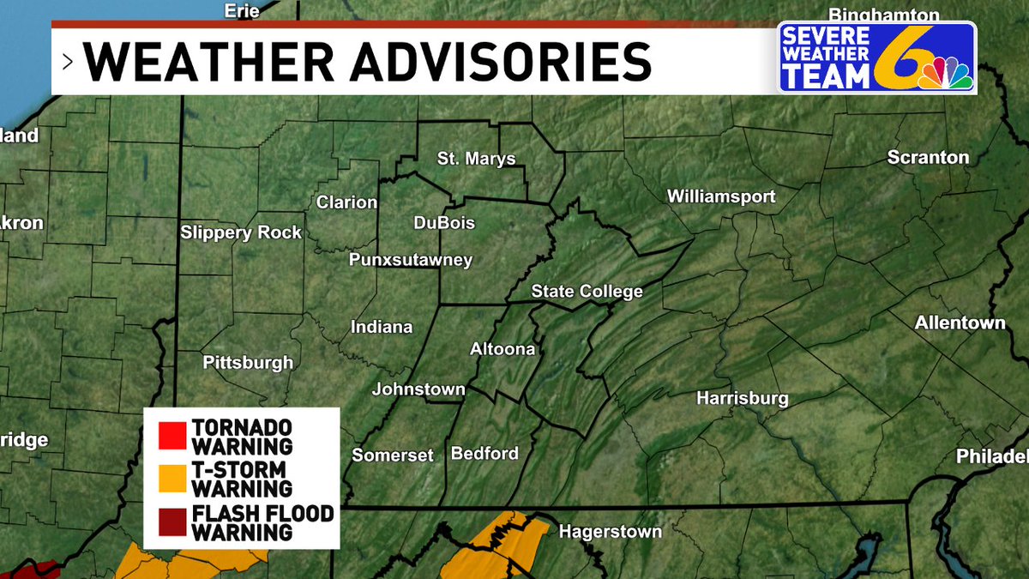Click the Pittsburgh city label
[x=248, y=363]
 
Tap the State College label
[x=587, y=292]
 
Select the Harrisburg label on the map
[x=742, y=399]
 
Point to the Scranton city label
[x=928, y=158]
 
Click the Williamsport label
[x=721, y=196]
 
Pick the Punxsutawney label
[x=410, y=260]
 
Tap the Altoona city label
[x=502, y=349]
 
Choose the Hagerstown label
[x=610, y=532]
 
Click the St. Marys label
[x=476, y=159]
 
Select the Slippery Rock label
[x=241, y=232]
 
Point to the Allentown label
[x=960, y=323]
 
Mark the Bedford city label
[x=484, y=453]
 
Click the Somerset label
[x=393, y=455]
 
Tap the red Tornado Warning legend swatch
[x=172, y=436]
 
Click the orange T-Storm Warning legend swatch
[x=172, y=479]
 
